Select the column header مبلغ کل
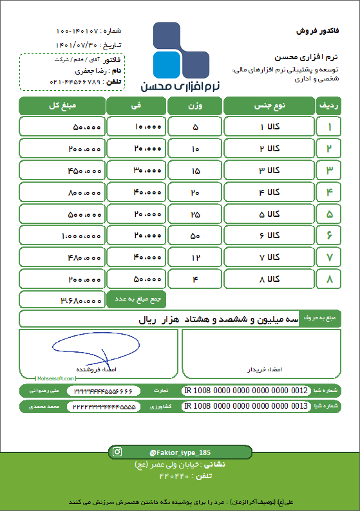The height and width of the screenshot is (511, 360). [62, 106]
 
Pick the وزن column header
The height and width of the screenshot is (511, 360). [194, 106]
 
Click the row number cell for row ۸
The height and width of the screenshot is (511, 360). [329, 279]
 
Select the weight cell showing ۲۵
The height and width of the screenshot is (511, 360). [194, 214]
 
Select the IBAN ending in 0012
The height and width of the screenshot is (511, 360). [246, 391]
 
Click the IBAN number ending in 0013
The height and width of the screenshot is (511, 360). [246, 407]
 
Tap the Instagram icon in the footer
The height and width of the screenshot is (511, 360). [117, 452]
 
